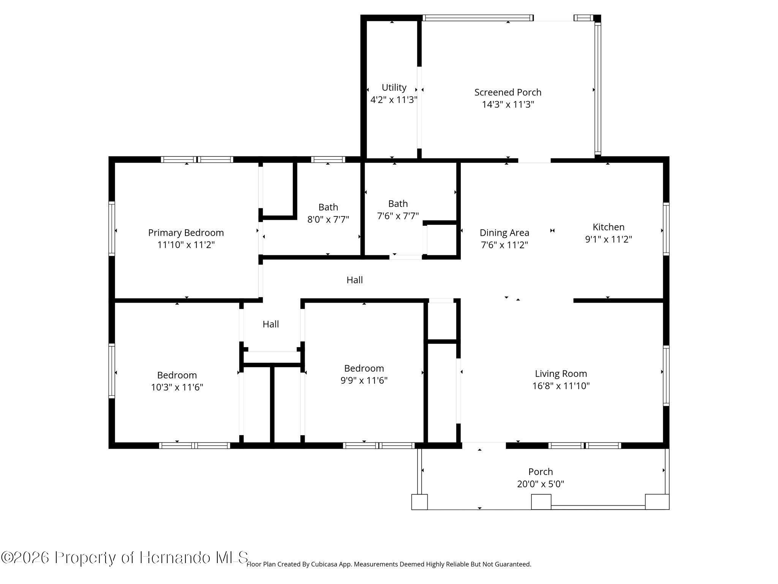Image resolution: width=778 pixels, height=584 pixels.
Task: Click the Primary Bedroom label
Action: point(186,232)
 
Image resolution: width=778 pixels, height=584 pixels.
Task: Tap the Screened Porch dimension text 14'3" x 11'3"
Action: point(508,105)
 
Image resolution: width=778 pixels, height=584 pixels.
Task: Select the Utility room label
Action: point(394,87)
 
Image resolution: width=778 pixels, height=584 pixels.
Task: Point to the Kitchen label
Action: point(609,227)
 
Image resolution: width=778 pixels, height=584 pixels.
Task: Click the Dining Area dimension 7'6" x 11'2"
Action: point(504,245)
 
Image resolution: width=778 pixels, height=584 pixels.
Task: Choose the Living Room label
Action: point(561,374)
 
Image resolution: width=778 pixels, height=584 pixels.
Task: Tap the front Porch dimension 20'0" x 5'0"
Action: point(541,484)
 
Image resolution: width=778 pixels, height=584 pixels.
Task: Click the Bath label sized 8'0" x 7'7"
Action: point(328,207)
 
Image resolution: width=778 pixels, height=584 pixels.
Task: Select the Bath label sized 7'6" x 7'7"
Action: point(398,204)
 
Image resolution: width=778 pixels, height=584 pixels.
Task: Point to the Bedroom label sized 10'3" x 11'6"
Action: point(177,375)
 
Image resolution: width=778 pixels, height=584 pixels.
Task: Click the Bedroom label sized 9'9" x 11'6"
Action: point(364,368)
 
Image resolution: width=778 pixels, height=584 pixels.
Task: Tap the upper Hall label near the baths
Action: point(355,280)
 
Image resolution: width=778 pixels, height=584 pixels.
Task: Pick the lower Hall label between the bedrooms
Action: point(271,324)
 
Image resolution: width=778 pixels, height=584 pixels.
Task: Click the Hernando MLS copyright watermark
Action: point(125,558)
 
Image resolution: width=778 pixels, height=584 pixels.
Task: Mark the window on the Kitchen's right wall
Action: point(666,229)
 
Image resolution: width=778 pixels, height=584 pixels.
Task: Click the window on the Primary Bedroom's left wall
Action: point(112,229)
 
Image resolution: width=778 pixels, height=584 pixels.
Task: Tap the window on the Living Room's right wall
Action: point(666,376)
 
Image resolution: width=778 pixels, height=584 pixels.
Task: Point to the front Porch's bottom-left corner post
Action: point(419,502)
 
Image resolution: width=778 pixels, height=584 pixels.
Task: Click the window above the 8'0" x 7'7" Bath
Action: point(328,160)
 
